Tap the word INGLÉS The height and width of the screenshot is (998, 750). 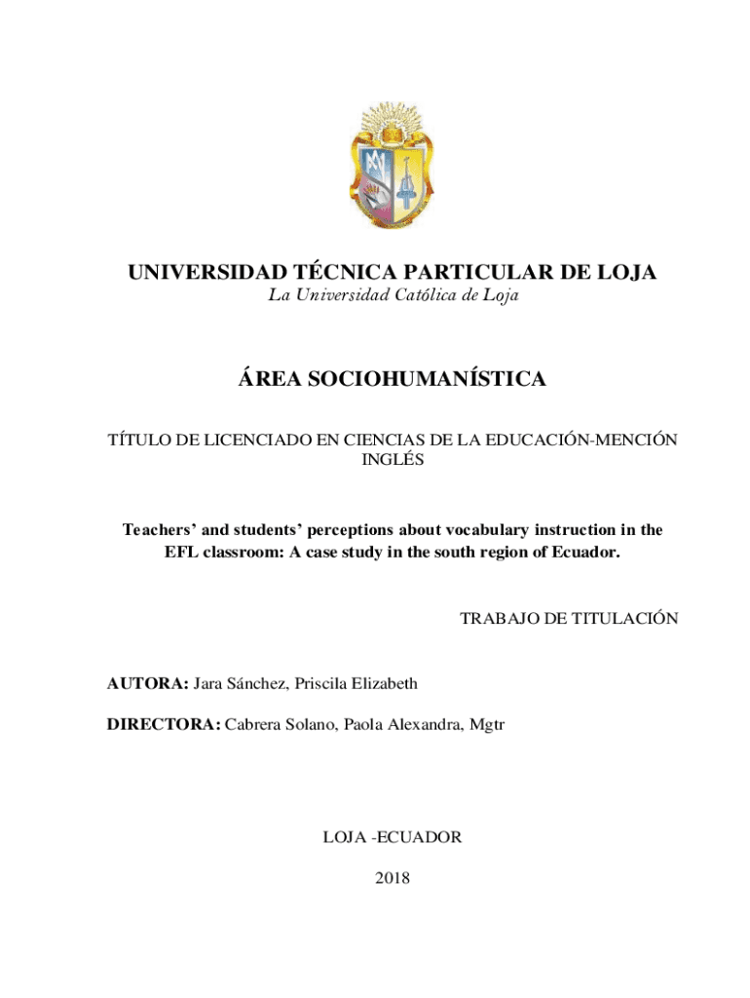(393, 460)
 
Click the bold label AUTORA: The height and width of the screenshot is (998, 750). (147, 683)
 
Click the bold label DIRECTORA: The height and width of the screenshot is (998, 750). (164, 724)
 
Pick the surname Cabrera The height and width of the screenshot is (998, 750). (256, 724)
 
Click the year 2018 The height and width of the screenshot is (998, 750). (393, 879)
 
